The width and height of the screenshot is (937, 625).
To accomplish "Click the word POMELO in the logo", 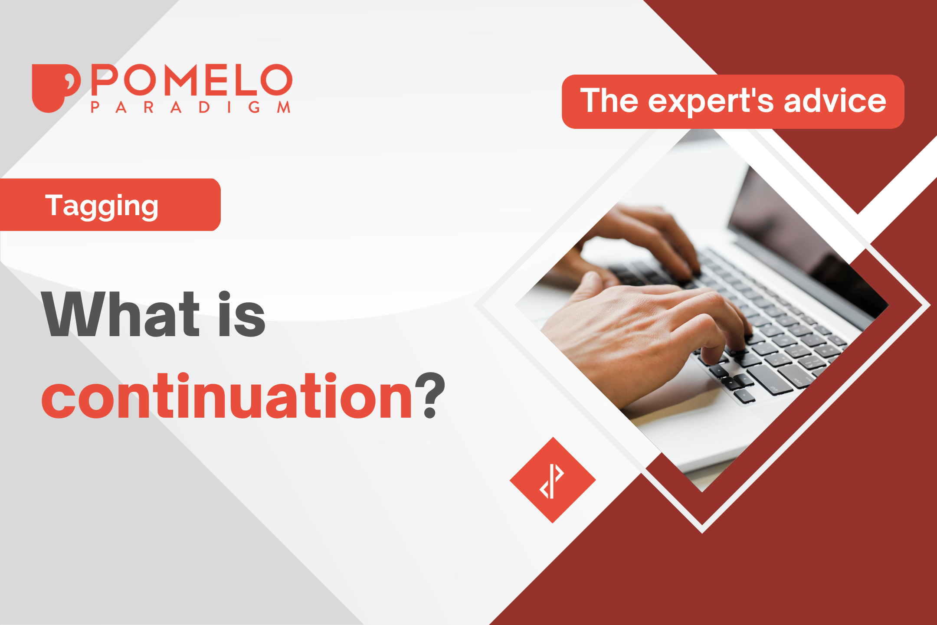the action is [x=192, y=80].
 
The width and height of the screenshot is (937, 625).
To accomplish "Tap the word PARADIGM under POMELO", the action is [x=190, y=107].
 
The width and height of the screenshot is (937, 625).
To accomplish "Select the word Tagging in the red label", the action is [x=102, y=206].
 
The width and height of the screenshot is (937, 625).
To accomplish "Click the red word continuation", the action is [x=227, y=396].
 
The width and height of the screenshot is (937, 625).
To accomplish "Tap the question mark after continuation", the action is [x=430, y=395].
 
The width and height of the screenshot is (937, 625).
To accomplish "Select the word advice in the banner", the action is [x=835, y=100].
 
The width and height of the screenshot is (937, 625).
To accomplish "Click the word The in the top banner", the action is [x=609, y=100].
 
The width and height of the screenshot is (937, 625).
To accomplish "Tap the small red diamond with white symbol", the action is [x=553, y=480].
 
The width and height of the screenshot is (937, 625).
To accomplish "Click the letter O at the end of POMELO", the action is [x=276, y=80].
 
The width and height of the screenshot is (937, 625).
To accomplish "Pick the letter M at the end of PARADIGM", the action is [x=284, y=107].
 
